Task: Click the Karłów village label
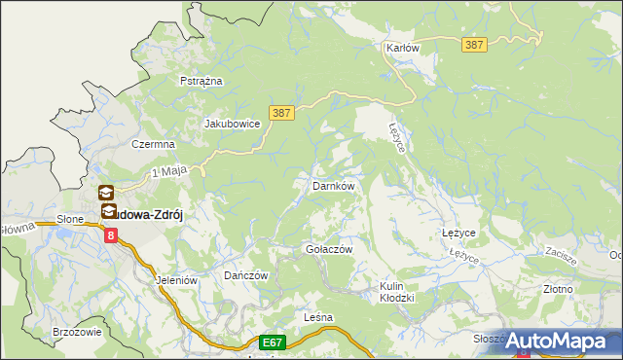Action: [x=400, y=48]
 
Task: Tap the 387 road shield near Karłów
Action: [x=474, y=45]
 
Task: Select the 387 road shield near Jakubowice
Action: [x=280, y=114]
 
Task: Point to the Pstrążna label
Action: [x=202, y=81]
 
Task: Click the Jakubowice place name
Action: [x=231, y=125]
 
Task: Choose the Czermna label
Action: [x=153, y=144]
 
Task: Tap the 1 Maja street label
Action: [x=168, y=173]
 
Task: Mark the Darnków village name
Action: [x=332, y=185]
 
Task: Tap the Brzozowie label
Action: [x=78, y=332]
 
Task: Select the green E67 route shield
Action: [x=273, y=342]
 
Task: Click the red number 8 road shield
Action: [x=111, y=234]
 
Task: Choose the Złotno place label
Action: [x=558, y=289]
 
